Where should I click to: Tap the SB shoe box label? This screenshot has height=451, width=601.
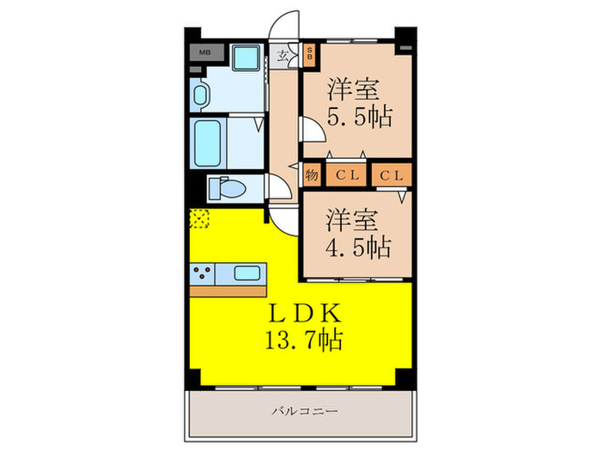tap(311, 55)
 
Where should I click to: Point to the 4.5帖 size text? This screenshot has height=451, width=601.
tap(359, 248)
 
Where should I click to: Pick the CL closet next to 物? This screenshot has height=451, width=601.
tap(346, 175)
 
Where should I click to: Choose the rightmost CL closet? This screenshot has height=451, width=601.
tap(392, 175)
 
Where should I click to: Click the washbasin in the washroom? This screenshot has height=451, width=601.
tap(200, 95)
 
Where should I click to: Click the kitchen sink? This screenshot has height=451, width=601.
tap(246, 274)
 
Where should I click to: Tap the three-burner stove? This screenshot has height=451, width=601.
tap(204, 274)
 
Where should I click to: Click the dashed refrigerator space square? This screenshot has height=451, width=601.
tap(200, 219)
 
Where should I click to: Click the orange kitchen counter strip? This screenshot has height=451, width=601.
tap(228, 291)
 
